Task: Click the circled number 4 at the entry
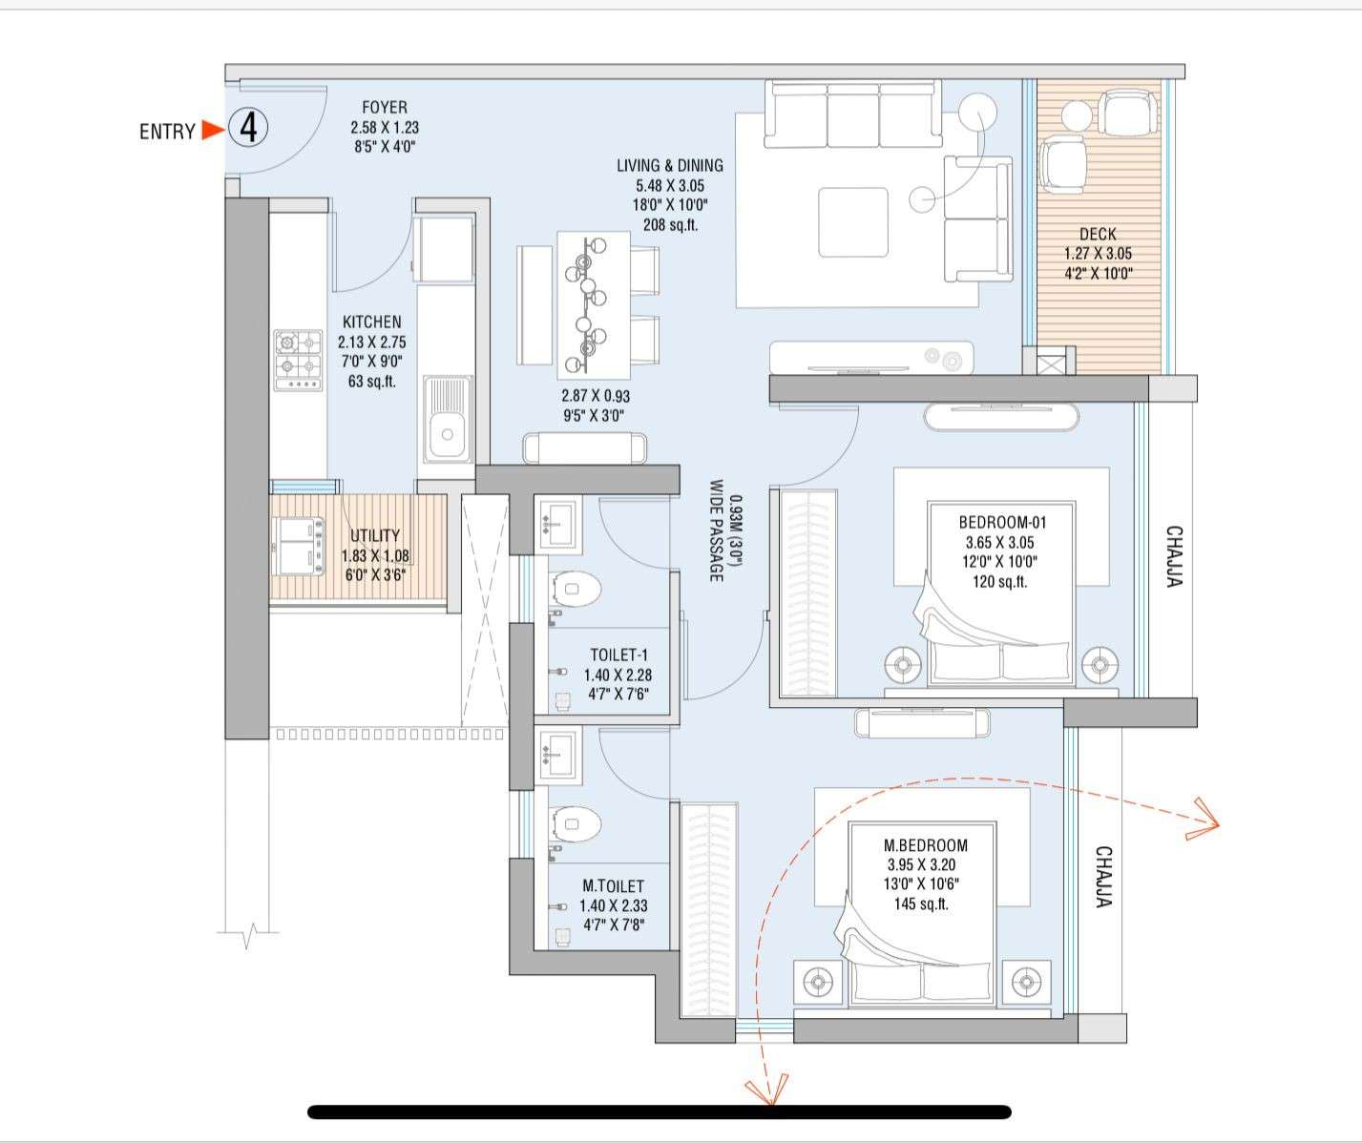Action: point(248,128)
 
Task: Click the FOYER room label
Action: point(385,108)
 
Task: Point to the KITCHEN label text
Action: point(372,322)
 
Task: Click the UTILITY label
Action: point(375,536)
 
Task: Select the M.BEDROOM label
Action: point(925,845)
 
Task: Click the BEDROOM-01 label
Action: point(1002,522)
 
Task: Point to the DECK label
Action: point(1098,234)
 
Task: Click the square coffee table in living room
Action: point(852,222)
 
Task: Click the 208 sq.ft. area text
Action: point(669,225)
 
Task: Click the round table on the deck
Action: point(1077,115)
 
